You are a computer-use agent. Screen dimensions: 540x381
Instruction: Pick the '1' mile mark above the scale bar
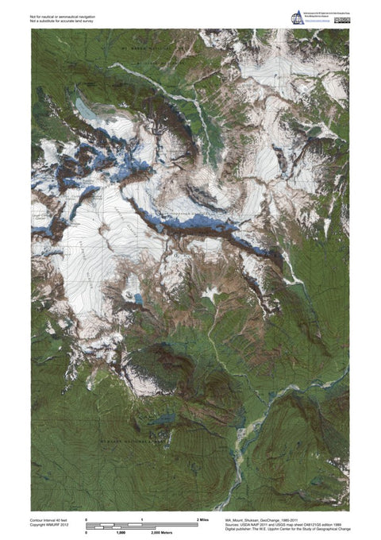(x=141, y=519)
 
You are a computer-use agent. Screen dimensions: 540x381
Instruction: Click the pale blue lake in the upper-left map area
(x=83, y=105)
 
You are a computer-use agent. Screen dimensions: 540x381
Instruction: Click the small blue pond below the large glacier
(x=139, y=299)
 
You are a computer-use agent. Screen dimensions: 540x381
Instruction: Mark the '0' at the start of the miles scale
(x=87, y=519)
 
